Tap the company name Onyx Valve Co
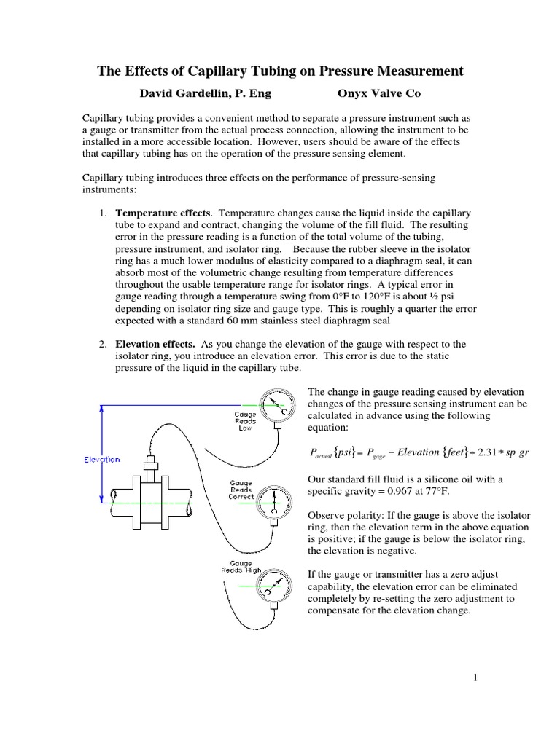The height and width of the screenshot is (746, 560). pos(378,93)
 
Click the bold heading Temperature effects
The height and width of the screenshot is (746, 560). pos(163,213)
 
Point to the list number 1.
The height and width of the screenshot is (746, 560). pos(102,213)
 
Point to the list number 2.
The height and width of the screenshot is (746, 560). pos(102,344)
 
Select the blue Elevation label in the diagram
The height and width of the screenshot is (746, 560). pos(102,460)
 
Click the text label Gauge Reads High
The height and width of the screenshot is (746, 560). pos(241,568)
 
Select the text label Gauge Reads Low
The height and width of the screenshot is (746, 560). pos(245,421)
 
